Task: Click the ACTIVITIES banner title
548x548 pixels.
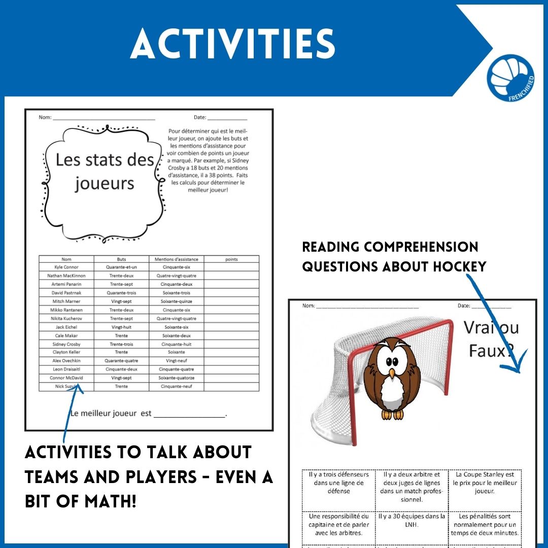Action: coord(233,44)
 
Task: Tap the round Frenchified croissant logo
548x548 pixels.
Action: coord(510,79)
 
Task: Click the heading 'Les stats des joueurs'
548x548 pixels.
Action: coord(105,171)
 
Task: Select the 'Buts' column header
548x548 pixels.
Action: coord(121,259)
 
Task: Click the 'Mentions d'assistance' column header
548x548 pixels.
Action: coord(176,259)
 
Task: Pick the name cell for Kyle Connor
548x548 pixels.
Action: coord(66,267)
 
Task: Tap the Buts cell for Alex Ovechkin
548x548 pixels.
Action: coord(121,361)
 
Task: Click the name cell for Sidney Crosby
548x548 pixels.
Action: coord(66,344)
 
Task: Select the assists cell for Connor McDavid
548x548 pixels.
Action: coord(176,378)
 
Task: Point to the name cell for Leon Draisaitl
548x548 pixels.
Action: coord(66,369)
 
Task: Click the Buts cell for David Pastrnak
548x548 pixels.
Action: coord(121,293)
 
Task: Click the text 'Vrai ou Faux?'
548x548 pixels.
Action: coord(491,338)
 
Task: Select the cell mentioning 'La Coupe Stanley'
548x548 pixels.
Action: coord(485,483)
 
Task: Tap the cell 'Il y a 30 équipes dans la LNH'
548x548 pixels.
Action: coord(412,520)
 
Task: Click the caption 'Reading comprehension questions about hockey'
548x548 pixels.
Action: coord(394,256)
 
